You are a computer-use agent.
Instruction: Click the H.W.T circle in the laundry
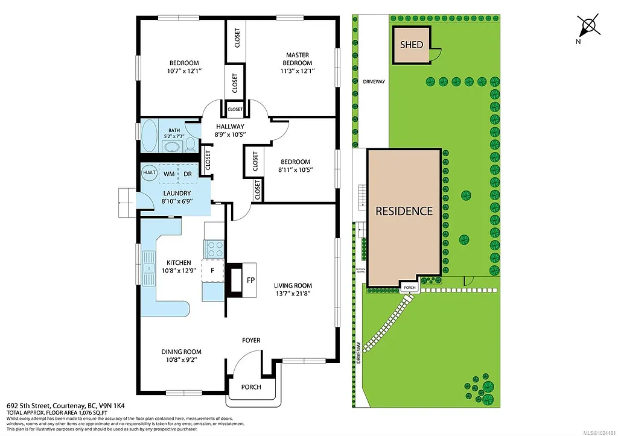pos(148,172)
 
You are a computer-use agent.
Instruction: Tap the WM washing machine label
pos(170,174)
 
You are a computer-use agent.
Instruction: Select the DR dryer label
pos(188,174)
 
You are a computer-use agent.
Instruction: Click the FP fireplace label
pos(251,280)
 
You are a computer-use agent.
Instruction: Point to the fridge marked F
pos(212,271)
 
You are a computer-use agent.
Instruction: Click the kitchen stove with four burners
pos(214,249)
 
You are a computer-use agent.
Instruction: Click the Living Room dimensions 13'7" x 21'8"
pos(293,294)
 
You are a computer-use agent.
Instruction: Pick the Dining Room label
pos(181,352)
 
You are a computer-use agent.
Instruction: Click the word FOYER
pos(251,340)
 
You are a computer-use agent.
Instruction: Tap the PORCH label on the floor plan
pos(251,387)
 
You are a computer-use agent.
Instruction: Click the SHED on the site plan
pos(412,45)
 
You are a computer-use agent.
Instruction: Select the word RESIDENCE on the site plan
pos(404,211)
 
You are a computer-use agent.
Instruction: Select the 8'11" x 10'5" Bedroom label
pos(295,166)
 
